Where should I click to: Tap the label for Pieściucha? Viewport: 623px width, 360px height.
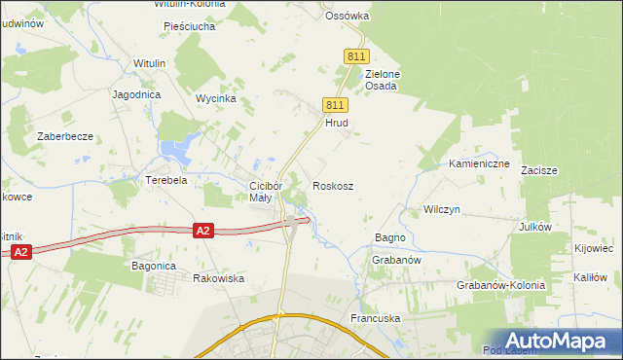[x=189, y=26]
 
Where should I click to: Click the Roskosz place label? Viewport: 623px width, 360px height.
[x=332, y=185]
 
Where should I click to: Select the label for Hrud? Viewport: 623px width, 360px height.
[x=336, y=124]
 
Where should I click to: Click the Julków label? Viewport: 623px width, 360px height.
[x=535, y=227]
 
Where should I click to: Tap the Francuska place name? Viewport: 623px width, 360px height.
[x=375, y=318]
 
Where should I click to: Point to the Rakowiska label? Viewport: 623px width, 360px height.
[x=218, y=278]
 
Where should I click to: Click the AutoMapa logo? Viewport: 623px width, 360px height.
[x=555, y=341]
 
